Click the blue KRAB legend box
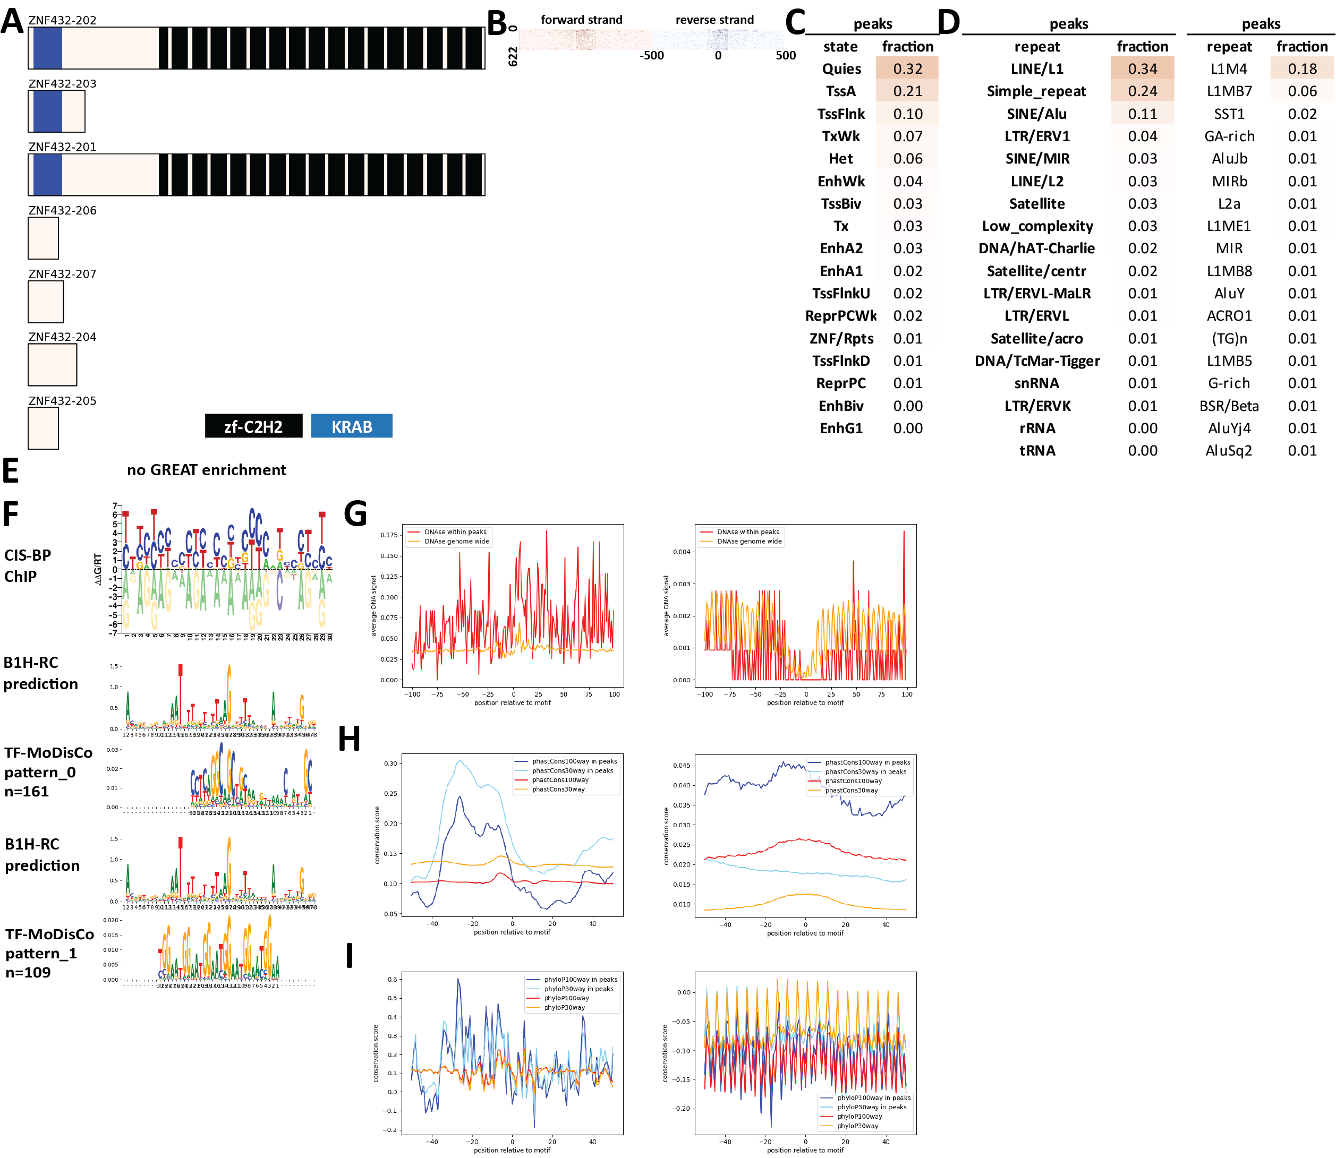pyautogui.click(x=352, y=426)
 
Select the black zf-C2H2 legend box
pyautogui.click(x=253, y=426)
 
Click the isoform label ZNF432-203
pyautogui.click(x=62, y=83)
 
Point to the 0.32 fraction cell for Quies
pyautogui.click(x=907, y=68)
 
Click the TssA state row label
pyautogui.click(x=840, y=91)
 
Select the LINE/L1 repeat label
pyautogui.click(x=1037, y=68)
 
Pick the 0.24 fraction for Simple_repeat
pyautogui.click(x=1142, y=91)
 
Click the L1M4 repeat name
pyautogui.click(x=1228, y=68)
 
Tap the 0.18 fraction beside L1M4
pyautogui.click(x=1302, y=68)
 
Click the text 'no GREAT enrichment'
pyautogui.click(x=206, y=470)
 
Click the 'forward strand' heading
pyautogui.click(x=581, y=20)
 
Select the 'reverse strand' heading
pyautogui.click(x=714, y=20)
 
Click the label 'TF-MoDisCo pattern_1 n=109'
pyautogui.click(x=49, y=953)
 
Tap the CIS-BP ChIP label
pyautogui.click(x=27, y=565)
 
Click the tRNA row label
pyautogui.click(x=1037, y=450)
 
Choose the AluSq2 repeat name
pyautogui.click(x=1228, y=450)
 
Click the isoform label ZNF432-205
pyautogui.click(x=62, y=401)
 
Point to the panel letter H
pyautogui.click(x=350, y=739)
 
